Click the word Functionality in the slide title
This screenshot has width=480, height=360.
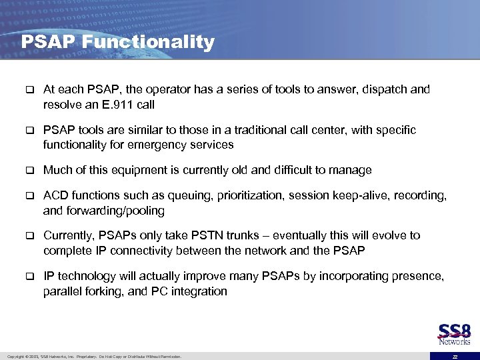click(x=149, y=43)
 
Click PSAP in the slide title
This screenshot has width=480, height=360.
click(x=49, y=43)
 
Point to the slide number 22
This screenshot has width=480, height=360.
click(x=455, y=356)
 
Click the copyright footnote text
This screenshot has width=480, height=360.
click(x=93, y=356)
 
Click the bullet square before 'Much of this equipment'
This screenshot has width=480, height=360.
click(x=29, y=170)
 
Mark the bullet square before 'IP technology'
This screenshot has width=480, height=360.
click(x=29, y=275)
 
